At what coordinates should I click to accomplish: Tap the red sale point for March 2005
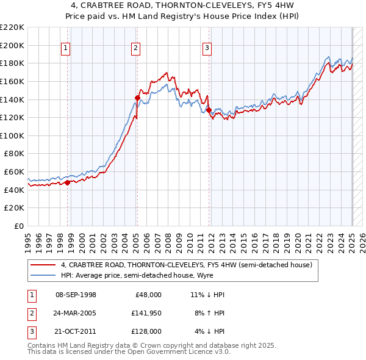[137, 98]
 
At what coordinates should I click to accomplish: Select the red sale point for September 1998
[67, 182]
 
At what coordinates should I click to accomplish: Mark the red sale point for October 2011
[209, 110]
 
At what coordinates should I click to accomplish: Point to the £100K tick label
[12, 135]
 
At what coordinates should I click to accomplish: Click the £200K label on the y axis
[12, 45]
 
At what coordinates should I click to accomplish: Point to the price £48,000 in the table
[148, 295]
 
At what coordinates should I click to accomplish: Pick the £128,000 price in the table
[146, 331]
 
